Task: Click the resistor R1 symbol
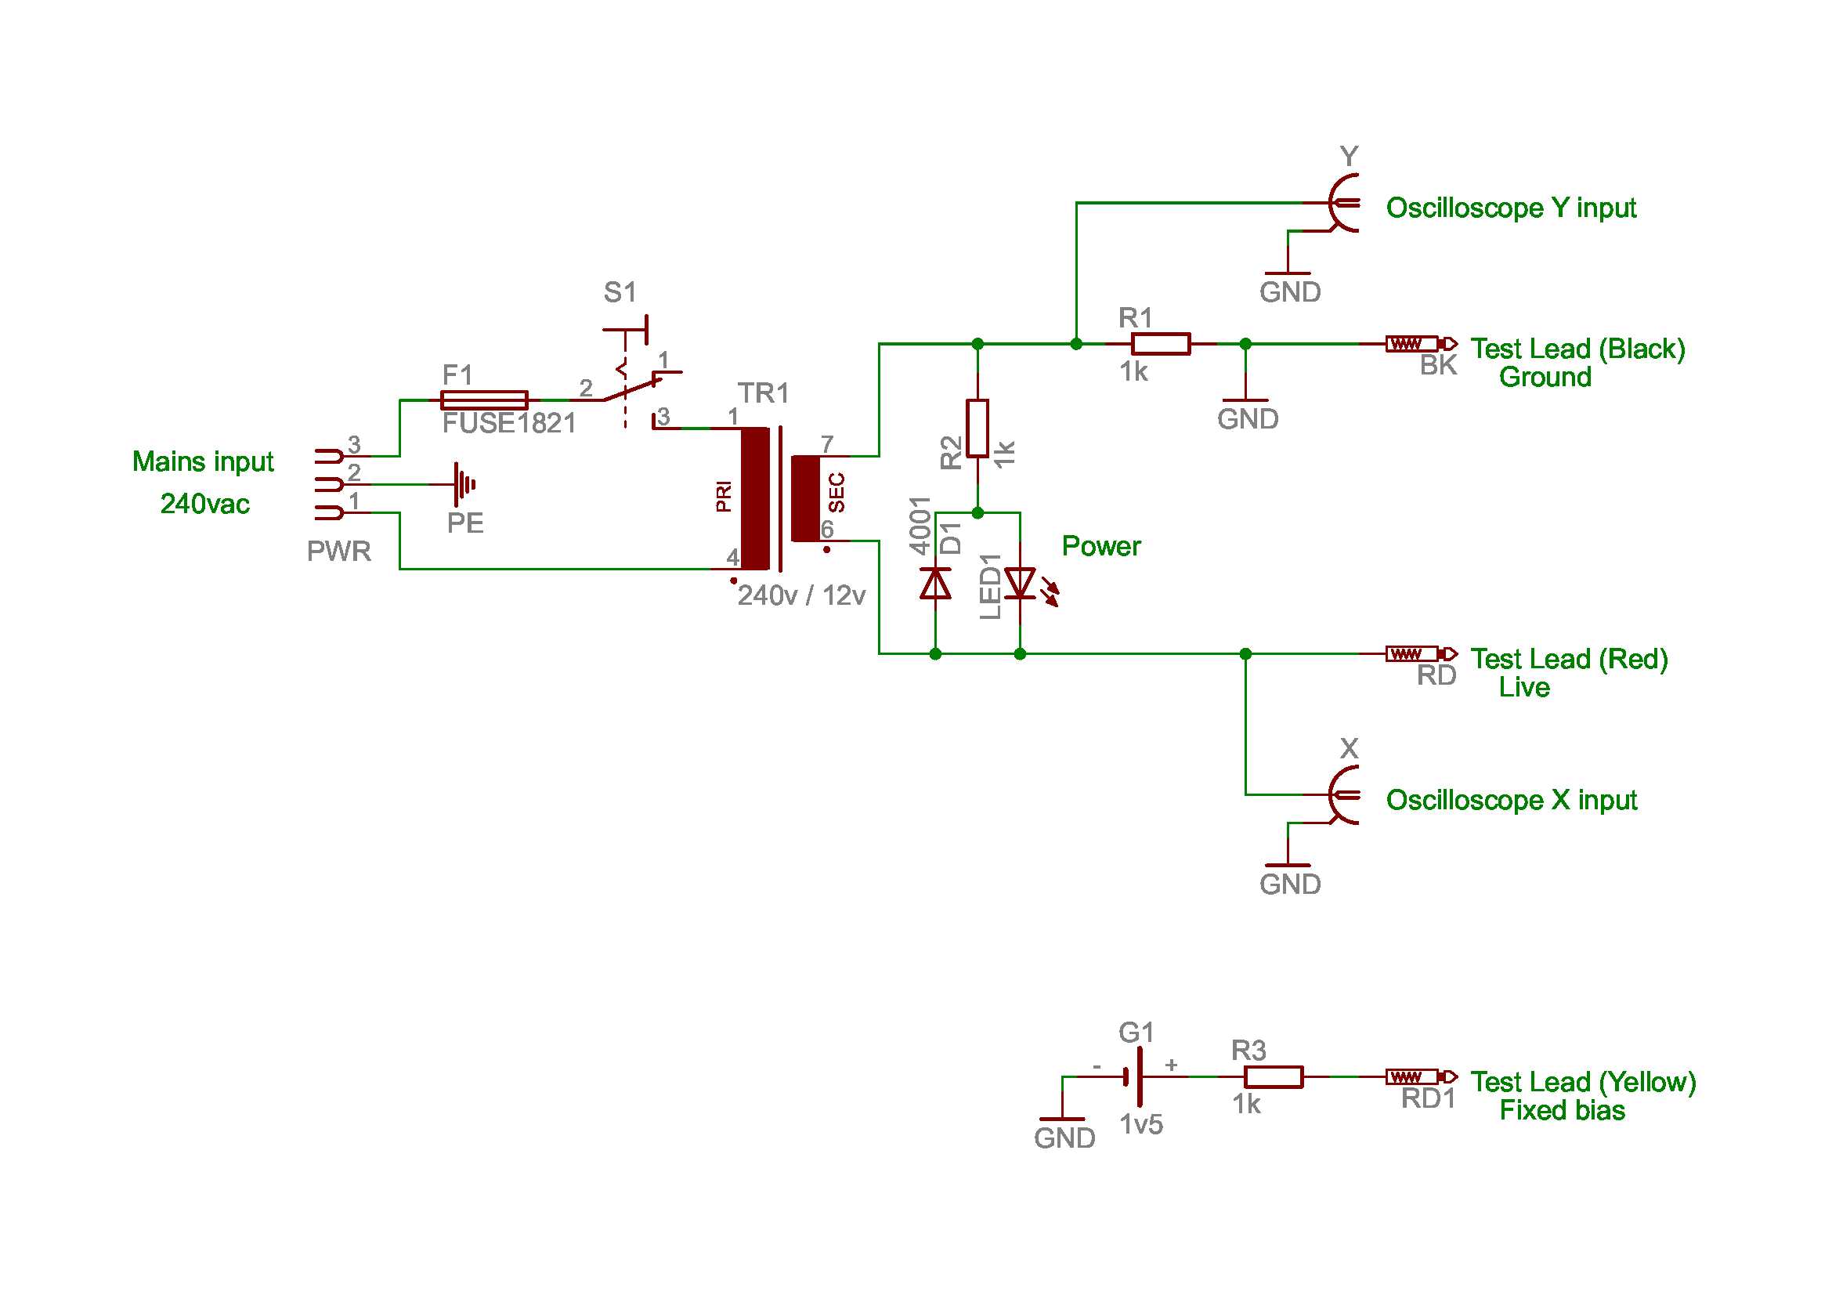click(1160, 344)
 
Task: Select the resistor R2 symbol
click(977, 429)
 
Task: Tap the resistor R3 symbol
click(1274, 1076)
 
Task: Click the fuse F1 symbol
click(484, 400)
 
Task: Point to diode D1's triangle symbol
click(935, 584)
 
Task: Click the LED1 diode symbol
click(1020, 584)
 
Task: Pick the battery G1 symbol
click(1135, 1076)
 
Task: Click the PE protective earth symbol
click(462, 484)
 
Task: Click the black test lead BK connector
click(1420, 344)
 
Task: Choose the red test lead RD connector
click(1420, 653)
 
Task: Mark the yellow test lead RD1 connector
click(1420, 1076)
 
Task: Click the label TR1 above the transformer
click(763, 392)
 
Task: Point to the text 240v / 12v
click(801, 595)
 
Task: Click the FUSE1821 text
click(509, 423)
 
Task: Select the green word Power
click(1101, 546)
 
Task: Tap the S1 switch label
click(620, 292)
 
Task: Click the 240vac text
click(205, 504)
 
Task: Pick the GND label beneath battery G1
click(1064, 1138)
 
